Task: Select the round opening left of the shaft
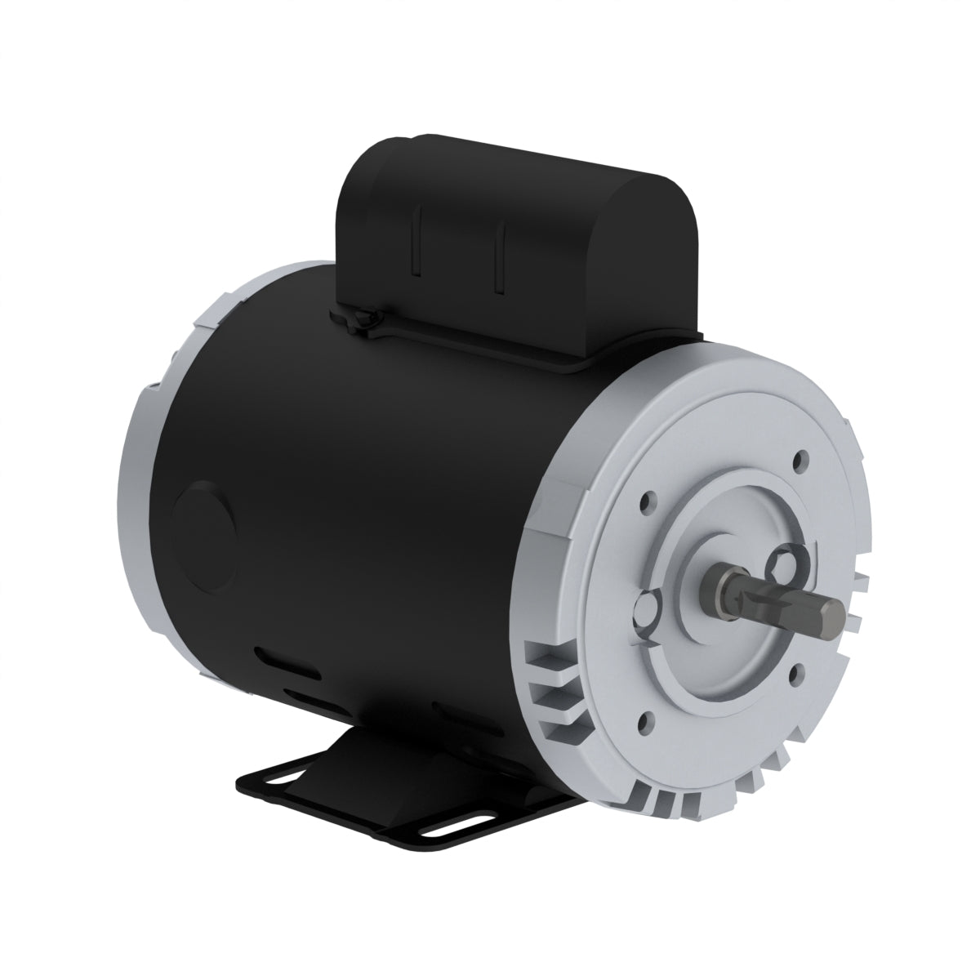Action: pos(647,608)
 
